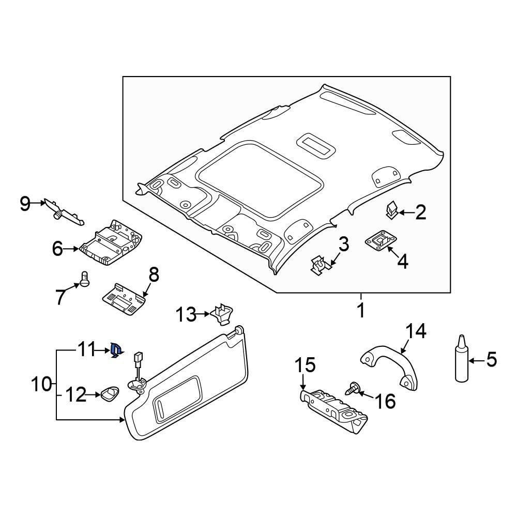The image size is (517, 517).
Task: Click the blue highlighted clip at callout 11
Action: [x=116, y=352]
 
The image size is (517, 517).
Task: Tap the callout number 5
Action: [x=491, y=359]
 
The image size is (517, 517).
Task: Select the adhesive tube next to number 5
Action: [x=461, y=361]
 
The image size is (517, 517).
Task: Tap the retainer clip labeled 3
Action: [x=321, y=266]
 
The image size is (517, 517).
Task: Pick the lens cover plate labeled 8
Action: [x=123, y=299]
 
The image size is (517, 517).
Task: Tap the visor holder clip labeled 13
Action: [x=222, y=313]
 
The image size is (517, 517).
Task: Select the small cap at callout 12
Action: [x=110, y=394]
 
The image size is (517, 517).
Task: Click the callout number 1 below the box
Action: [x=361, y=311]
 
